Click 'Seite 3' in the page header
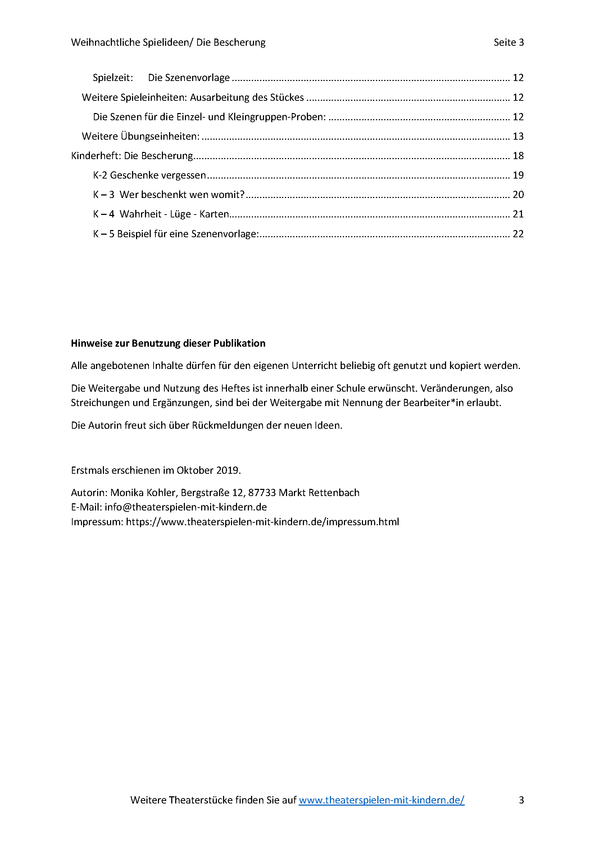coord(509,42)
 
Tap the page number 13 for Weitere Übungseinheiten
coord(518,136)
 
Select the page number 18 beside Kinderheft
coord(518,156)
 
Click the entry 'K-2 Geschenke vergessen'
coord(150,175)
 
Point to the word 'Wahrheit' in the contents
coord(140,214)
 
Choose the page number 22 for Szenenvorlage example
coord(518,234)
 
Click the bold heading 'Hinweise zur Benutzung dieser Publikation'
coord(168,343)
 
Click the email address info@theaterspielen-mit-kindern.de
coord(186,507)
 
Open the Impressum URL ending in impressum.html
coord(262,522)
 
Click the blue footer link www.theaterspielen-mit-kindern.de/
coord(381,800)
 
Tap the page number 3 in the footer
coord(521,800)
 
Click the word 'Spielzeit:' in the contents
coord(113,78)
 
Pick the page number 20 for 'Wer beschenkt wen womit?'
coord(518,195)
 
